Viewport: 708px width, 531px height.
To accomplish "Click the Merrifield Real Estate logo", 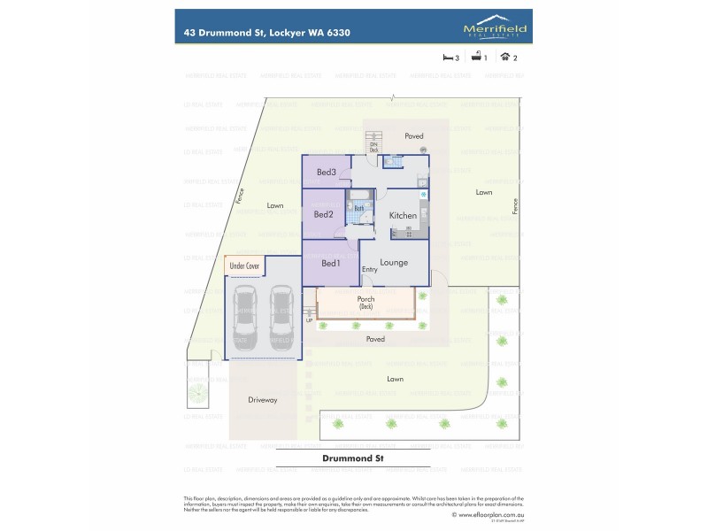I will click(x=495, y=30).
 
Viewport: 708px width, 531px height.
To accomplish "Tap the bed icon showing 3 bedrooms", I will click(x=447, y=58).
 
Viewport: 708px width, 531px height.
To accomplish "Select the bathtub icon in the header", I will click(x=475, y=58).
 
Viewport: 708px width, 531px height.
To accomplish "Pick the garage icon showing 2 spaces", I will click(x=505, y=58).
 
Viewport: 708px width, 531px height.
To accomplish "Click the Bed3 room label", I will click(x=326, y=172).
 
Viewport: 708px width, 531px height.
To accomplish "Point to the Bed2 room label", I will click(x=323, y=214).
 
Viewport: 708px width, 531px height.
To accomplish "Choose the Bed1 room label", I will click(x=330, y=263).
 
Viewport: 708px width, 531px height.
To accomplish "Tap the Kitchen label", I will click(x=403, y=215).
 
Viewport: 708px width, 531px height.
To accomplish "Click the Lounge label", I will click(x=394, y=263).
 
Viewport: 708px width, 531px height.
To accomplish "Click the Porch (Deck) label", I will click(x=366, y=302).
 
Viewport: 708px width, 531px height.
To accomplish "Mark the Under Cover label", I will click(x=244, y=265).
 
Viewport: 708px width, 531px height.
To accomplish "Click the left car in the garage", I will click(x=242, y=318).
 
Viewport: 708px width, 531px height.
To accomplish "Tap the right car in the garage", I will click(x=281, y=318).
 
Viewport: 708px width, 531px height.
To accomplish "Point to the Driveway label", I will click(x=263, y=400).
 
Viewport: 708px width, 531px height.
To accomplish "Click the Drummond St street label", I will click(x=352, y=459).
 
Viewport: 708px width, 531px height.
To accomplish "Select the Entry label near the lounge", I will click(x=369, y=269).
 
